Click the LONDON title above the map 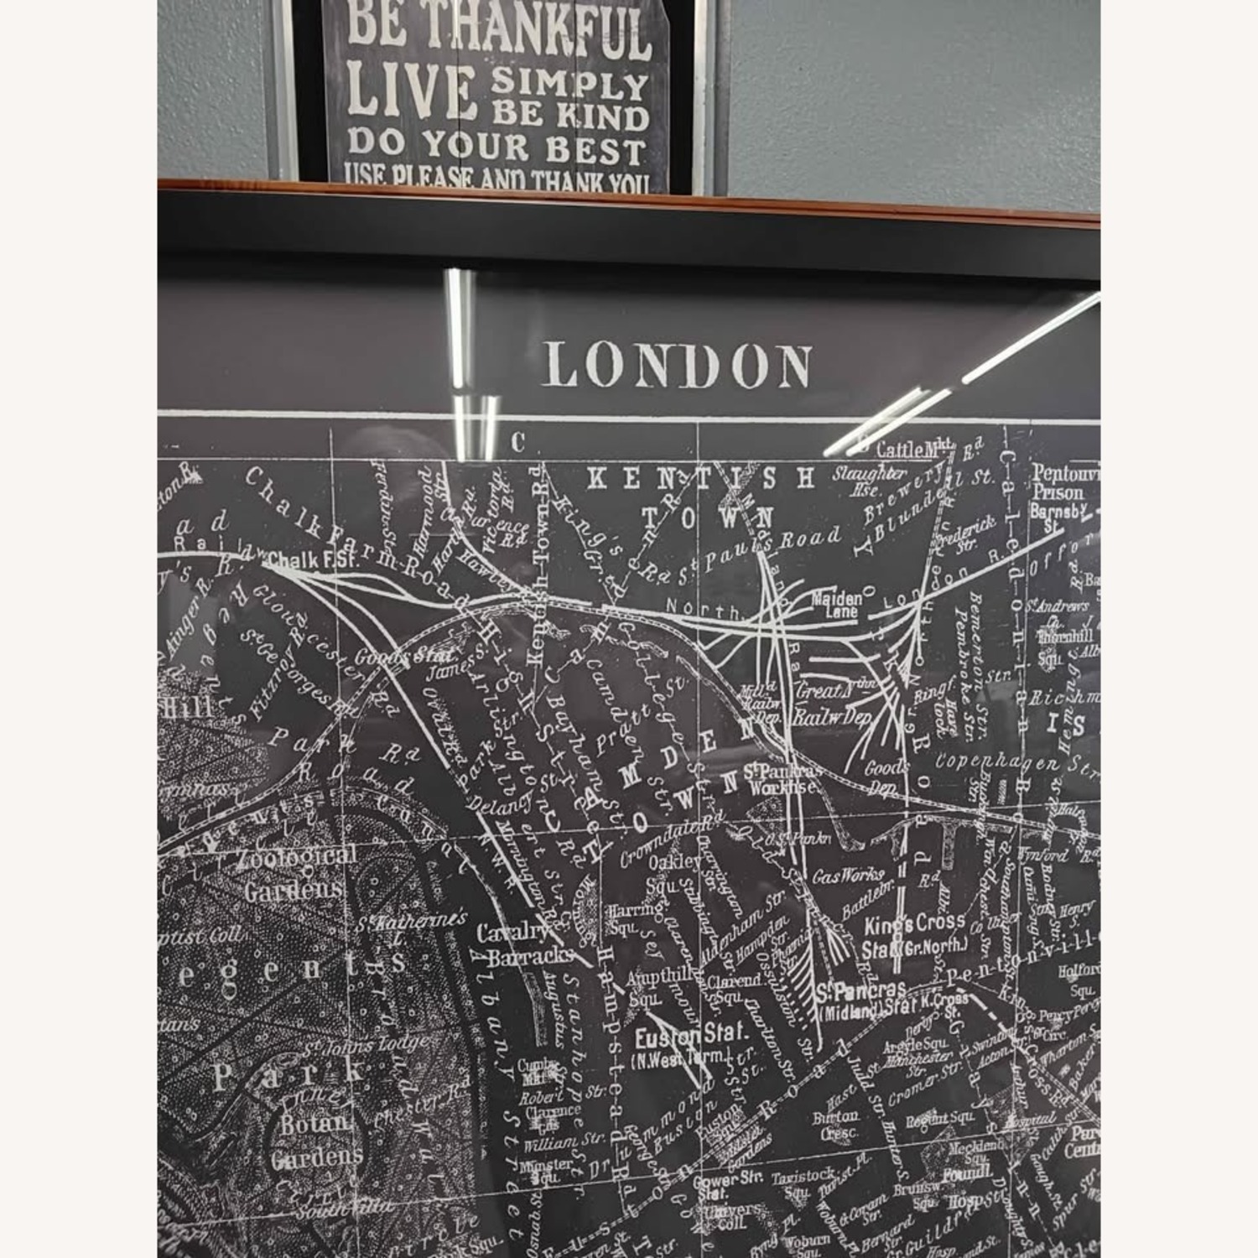pos(677,366)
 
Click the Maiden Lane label pos(836,605)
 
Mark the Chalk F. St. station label pos(312,559)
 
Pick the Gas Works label pos(847,876)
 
